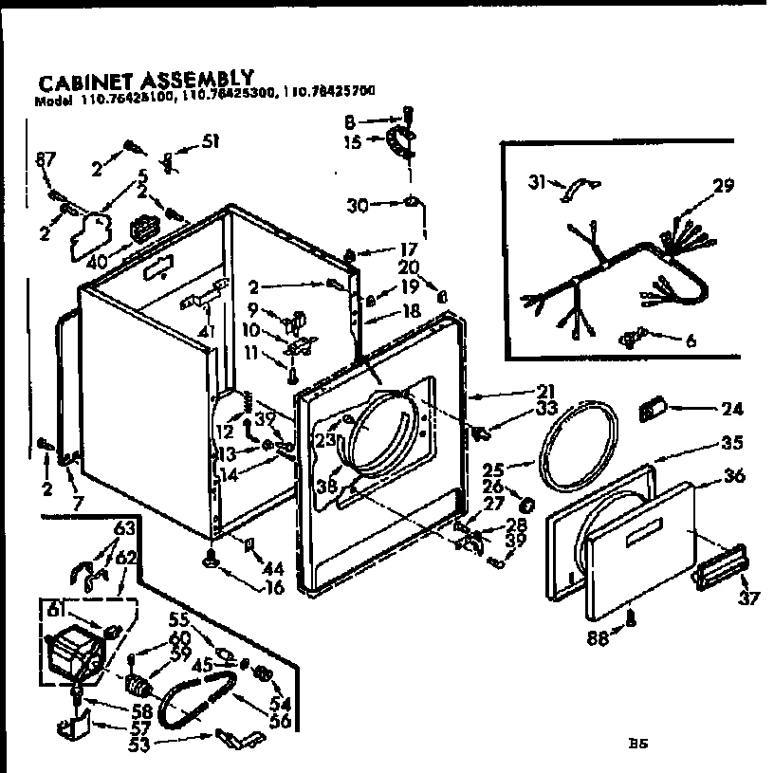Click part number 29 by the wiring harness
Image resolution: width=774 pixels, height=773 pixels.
723,187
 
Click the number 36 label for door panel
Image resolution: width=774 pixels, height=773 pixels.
735,478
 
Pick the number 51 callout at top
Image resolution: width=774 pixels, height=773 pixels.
210,143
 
